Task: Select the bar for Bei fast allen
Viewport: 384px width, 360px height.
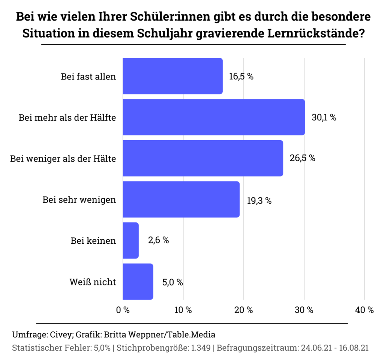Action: (x=172, y=76)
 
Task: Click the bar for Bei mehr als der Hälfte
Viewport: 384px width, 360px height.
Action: (x=214, y=117)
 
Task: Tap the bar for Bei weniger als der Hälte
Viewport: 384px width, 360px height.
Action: (x=203, y=158)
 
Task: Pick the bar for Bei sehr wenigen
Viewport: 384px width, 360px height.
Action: (x=181, y=199)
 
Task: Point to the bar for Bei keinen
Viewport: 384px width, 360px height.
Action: (x=130, y=240)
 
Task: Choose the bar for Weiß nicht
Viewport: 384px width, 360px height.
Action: (x=138, y=281)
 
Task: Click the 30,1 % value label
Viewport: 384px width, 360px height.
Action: (x=324, y=117)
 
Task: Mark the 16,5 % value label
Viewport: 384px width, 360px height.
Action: (x=241, y=76)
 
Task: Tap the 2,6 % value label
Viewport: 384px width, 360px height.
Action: (x=158, y=240)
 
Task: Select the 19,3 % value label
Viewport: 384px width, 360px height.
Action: (x=259, y=200)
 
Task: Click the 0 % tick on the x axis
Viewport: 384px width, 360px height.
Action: (x=123, y=310)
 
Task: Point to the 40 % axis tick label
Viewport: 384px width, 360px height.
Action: (x=364, y=310)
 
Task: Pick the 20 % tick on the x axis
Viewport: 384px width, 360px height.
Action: (x=244, y=310)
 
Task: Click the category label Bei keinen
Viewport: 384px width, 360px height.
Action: (x=93, y=241)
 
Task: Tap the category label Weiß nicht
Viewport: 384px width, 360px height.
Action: (x=93, y=282)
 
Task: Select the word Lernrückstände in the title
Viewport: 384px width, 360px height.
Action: (x=317, y=33)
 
